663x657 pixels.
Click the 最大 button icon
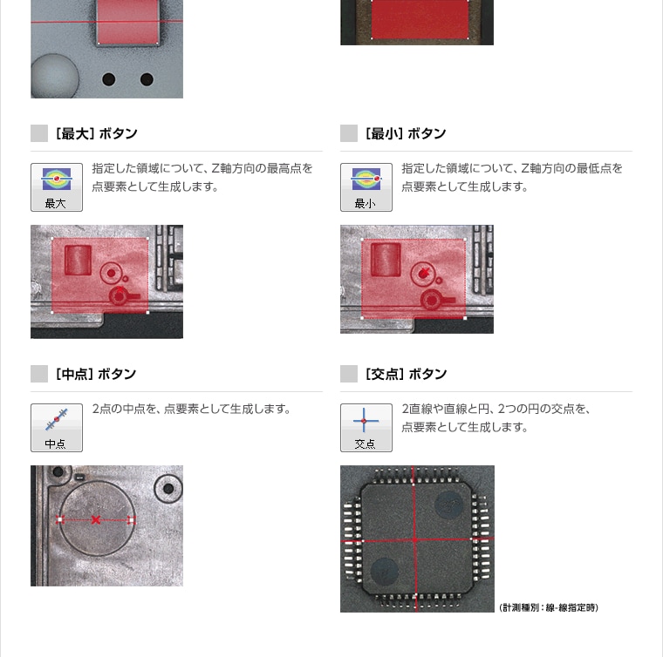[57, 187]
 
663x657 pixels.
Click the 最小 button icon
[366, 187]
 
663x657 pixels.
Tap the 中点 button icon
[57, 428]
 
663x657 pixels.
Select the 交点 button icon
[366, 428]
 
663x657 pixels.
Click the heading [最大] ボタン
[97, 133]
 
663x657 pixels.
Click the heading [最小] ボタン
[406, 133]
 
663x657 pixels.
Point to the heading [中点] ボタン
[96, 374]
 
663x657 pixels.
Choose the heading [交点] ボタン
[406, 374]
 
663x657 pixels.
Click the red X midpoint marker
[96, 520]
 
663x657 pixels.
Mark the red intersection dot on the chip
[414, 539]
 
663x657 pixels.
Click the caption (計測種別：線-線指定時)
[549, 607]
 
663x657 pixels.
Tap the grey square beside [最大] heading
[39, 133]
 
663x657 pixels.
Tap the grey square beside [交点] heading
[349, 374]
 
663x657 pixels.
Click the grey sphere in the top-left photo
[55, 76]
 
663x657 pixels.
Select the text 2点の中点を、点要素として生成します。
[192, 409]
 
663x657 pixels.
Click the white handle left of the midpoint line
[60, 520]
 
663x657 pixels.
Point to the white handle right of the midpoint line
[131, 520]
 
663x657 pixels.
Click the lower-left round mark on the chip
[385, 572]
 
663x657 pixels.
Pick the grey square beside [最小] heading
[349, 133]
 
